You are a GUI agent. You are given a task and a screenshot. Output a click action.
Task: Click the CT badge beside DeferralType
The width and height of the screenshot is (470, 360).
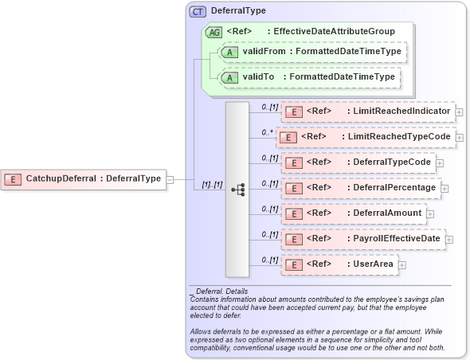(x=198, y=12)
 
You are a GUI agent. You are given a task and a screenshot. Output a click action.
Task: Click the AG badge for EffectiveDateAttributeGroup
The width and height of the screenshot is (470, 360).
(x=213, y=33)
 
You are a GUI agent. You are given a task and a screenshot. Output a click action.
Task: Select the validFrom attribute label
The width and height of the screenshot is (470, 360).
(x=264, y=52)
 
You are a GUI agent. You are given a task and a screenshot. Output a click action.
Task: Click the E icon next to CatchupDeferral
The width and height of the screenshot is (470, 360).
(x=13, y=179)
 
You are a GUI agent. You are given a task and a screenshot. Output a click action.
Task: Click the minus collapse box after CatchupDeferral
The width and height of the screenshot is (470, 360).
(x=170, y=179)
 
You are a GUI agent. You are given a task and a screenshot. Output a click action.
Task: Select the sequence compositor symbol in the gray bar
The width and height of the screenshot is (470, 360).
(x=237, y=190)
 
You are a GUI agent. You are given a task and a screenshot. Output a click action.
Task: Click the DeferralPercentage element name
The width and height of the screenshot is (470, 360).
(x=397, y=188)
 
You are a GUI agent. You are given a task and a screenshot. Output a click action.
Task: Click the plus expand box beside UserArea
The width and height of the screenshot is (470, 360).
(x=401, y=265)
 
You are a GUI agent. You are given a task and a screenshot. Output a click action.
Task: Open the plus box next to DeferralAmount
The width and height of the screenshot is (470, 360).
(x=430, y=214)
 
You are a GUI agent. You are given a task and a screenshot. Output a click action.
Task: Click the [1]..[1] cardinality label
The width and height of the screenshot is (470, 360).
(x=211, y=185)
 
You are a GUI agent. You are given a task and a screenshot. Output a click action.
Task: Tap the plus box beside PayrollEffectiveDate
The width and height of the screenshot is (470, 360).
(x=449, y=240)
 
